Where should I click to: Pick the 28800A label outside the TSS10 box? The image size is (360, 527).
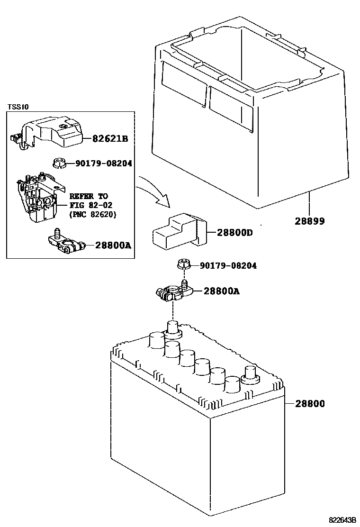(221, 291)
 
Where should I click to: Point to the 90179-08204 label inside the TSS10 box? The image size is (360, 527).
(103, 164)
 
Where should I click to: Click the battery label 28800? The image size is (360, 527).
(310, 404)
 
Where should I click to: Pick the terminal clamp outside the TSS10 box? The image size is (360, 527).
(172, 293)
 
